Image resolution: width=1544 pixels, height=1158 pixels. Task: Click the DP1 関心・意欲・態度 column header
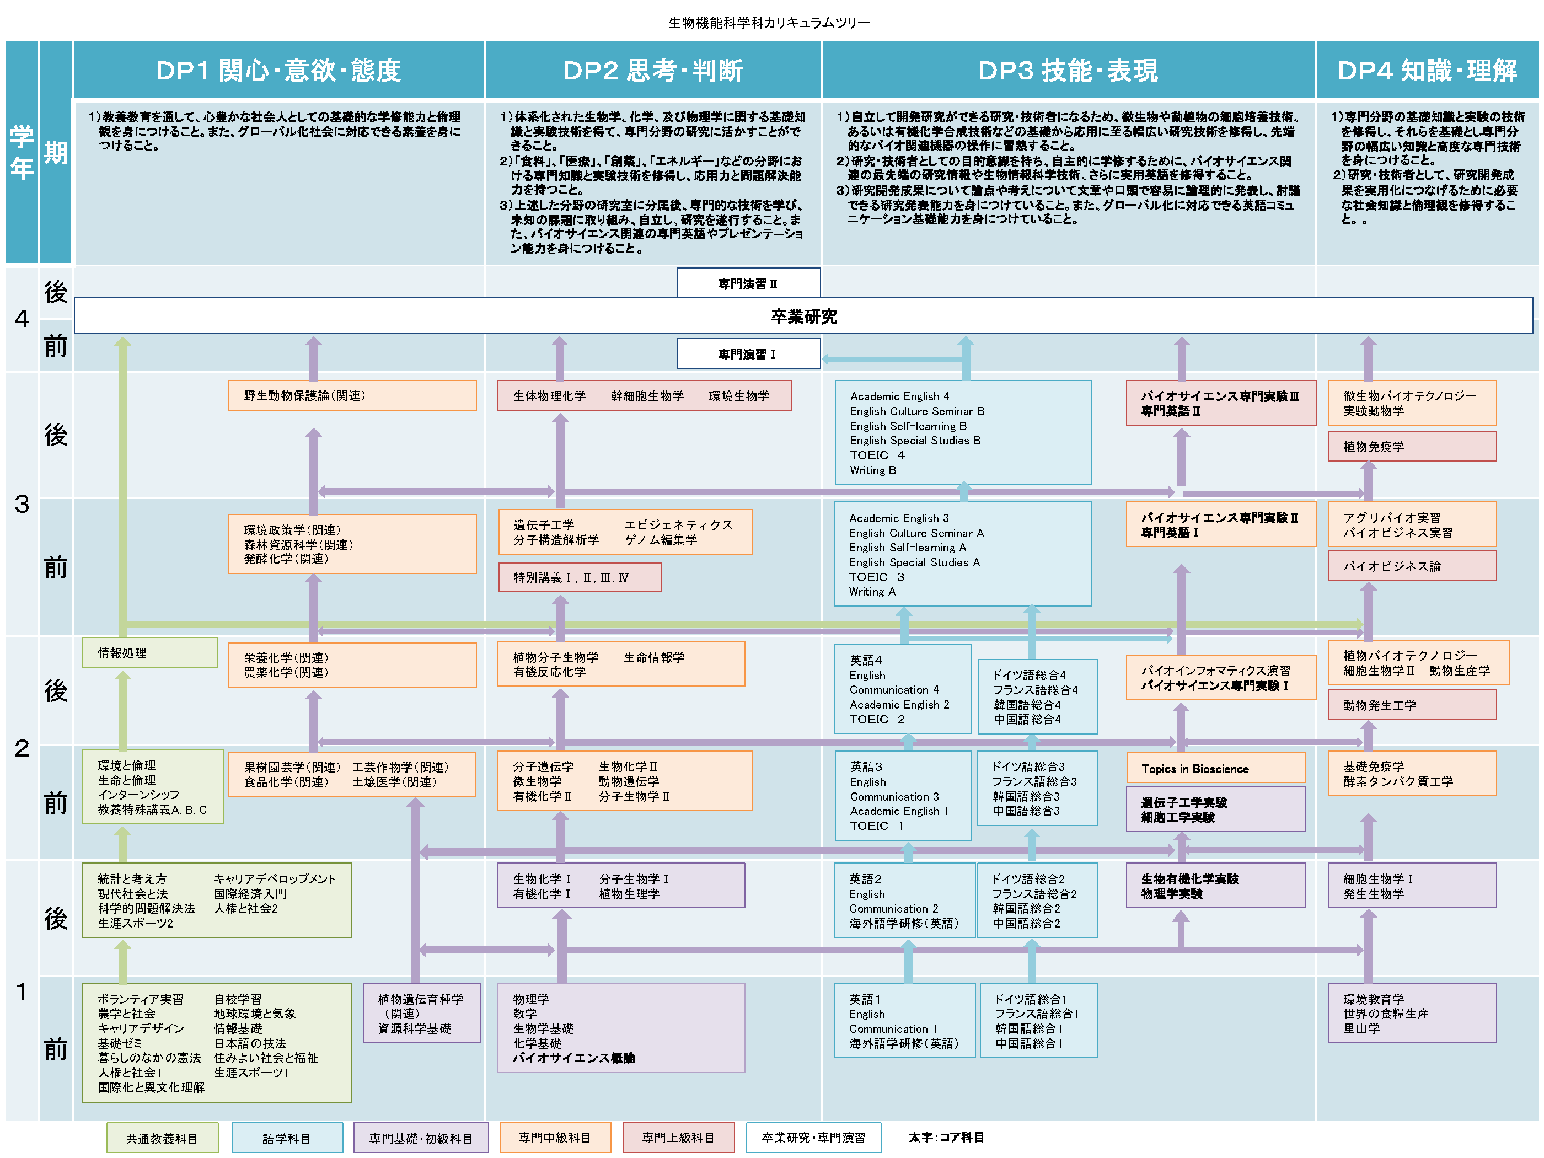278,70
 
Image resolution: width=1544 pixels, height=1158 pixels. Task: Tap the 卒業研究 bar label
803,316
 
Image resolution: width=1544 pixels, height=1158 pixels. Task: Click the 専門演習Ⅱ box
748,283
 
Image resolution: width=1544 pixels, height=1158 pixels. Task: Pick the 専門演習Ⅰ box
748,353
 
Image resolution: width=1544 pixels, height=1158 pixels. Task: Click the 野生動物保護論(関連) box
352,395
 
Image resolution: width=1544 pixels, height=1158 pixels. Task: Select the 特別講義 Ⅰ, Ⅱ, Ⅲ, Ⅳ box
580,577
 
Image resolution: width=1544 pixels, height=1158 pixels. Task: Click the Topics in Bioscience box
1215,768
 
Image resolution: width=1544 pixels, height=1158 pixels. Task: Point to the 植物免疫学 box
1411,446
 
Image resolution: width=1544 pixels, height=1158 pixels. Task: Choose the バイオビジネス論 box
1411,565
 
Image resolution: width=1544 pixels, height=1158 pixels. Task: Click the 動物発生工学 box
1411,704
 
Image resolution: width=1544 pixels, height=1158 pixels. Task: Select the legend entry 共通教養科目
162,1138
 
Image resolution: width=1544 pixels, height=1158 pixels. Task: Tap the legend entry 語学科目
287,1138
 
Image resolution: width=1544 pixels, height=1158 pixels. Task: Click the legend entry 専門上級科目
678,1137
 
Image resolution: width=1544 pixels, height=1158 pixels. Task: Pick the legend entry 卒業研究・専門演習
813,1137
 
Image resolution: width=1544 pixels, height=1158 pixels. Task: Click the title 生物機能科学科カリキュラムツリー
769,23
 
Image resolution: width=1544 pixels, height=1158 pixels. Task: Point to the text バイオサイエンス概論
574,1058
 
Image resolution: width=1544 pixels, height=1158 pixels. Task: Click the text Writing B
872,470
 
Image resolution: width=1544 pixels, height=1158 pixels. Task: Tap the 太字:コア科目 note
946,1137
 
